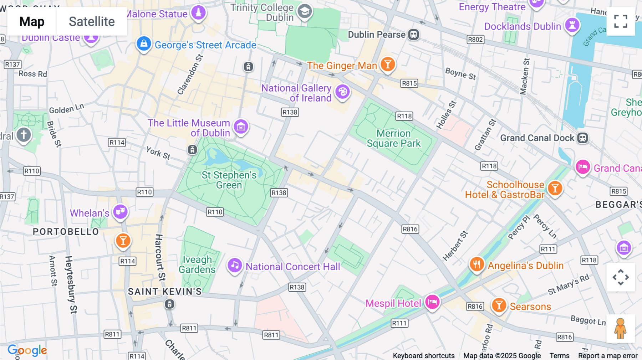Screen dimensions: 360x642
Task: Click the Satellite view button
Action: pyautogui.click(x=92, y=22)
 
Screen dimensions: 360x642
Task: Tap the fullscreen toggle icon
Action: pyautogui.click(x=621, y=21)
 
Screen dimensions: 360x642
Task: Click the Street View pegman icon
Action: pyautogui.click(x=621, y=328)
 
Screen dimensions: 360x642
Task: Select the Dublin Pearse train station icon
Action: pyautogui.click(x=413, y=35)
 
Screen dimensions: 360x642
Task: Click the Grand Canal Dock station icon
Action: pyautogui.click(x=582, y=138)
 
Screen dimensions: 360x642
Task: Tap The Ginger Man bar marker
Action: pyautogui.click(x=388, y=65)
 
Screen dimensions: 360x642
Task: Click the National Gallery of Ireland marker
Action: pyautogui.click(x=343, y=92)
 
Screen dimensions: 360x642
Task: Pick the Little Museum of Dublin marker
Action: pyautogui.click(x=241, y=127)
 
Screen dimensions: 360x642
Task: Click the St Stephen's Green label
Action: pyautogui.click(x=229, y=180)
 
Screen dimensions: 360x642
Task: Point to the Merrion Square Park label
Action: pyautogui.click(x=394, y=138)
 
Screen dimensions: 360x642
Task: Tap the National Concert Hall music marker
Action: pyautogui.click(x=235, y=265)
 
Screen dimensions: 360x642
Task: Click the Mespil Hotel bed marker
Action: pyautogui.click(x=432, y=302)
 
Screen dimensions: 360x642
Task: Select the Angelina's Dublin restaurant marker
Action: pyautogui.click(x=477, y=264)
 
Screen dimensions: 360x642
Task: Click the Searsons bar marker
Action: pyautogui.click(x=499, y=305)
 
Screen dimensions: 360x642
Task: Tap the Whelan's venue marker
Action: pyautogui.click(x=121, y=212)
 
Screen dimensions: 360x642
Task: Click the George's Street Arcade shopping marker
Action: pyautogui.click(x=144, y=44)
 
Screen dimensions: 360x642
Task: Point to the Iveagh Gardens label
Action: pyautogui.click(x=197, y=264)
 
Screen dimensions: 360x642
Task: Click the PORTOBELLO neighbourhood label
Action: pyautogui.click(x=66, y=232)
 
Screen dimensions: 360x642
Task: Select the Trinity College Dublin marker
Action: pyautogui.click(x=305, y=11)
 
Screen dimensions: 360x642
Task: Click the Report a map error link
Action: pyautogui.click(x=608, y=356)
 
